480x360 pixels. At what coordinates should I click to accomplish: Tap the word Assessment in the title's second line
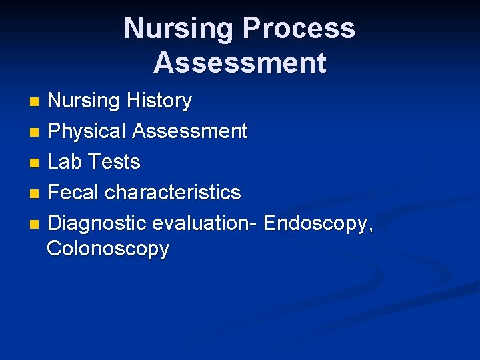[240, 63]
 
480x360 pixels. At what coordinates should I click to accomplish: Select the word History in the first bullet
[157, 101]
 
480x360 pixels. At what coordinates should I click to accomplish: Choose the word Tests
[114, 162]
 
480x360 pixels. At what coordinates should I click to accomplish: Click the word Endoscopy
[318, 223]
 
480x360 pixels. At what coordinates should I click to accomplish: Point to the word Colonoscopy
[108, 249]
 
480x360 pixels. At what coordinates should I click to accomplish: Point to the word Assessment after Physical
[190, 131]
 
